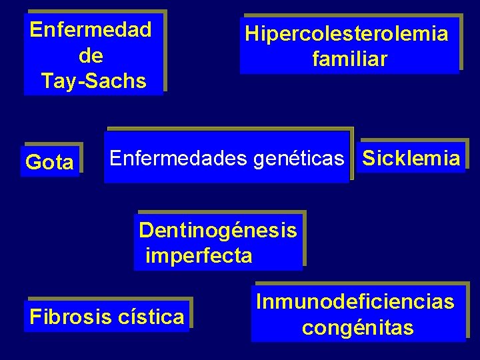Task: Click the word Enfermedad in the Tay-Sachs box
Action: (91, 30)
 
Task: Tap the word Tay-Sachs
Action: (93, 81)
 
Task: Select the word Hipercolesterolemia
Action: (347, 33)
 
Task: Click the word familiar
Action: (349, 59)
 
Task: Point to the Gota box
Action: (50, 162)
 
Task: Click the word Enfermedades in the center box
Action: (179, 158)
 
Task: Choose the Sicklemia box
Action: (411, 158)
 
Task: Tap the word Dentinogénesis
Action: (217, 231)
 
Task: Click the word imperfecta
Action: (199, 255)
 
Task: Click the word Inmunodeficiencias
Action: (355, 302)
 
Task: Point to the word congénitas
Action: (357, 328)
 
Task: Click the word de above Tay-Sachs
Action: (91, 55)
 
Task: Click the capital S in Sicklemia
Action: (369, 158)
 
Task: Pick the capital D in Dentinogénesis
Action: (146, 231)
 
